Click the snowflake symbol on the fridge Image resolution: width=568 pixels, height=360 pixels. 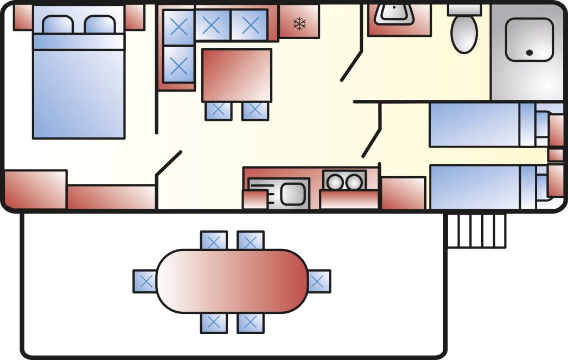[298, 23]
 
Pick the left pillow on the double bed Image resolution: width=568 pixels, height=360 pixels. [58, 24]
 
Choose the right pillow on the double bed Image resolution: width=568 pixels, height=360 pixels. [100, 24]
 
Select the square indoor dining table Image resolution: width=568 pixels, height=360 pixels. [237, 75]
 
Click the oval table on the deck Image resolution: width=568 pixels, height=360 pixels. [232, 281]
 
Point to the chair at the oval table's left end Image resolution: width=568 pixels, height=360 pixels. [145, 281]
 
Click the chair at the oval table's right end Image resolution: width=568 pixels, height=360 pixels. [320, 281]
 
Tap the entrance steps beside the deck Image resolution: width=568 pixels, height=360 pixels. [476, 230]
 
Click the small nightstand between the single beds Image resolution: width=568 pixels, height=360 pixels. [556, 155]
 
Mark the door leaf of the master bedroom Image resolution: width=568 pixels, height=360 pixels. [169, 163]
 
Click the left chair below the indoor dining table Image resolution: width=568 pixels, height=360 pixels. [218, 111]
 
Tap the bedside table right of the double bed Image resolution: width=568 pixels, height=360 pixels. [135, 17]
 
